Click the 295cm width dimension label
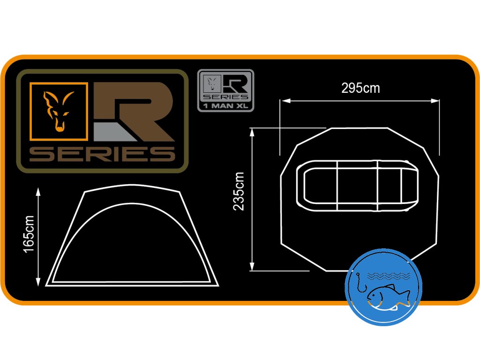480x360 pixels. (360, 88)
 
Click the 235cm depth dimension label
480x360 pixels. (240, 191)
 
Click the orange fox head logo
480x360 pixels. (59, 111)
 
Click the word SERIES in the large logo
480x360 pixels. (102, 154)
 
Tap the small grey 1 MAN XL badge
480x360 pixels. (225, 90)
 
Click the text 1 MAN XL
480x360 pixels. (225, 106)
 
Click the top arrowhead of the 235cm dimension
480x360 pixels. (252, 131)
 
